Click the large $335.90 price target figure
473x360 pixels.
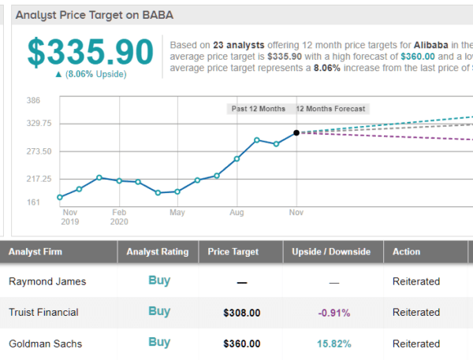pyautogui.click(x=90, y=51)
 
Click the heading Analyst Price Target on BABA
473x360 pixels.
pyautogui.click(x=95, y=15)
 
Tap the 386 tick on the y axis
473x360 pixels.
pyautogui.click(x=33, y=101)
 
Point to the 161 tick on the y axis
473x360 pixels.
pyautogui.click(x=33, y=202)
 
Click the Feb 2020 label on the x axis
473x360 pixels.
pyautogui.click(x=119, y=217)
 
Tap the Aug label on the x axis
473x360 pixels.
pyautogui.click(x=236, y=213)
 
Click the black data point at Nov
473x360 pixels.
pyautogui.click(x=296, y=133)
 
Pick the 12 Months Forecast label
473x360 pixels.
pyautogui.click(x=331, y=109)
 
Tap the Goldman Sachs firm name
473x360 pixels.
pyautogui.click(x=45, y=343)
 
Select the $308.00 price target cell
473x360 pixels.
pyautogui.click(x=241, y=313)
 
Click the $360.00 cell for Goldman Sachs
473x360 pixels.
pyautogui.click(x=241, y=343)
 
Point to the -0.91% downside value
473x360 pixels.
pyautogui.click(x=333, y=313)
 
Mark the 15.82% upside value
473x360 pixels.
pyautogui.click(x=333, y=343)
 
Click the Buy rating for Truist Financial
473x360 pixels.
pyautogui.click(x=159, y=311)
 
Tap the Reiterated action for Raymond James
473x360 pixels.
pyautogui.click(x=416, y=281)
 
